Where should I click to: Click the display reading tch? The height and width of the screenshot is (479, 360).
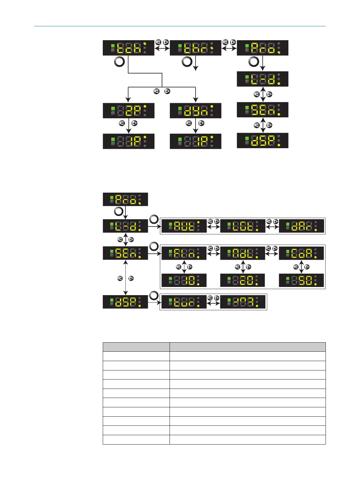pos(128,48)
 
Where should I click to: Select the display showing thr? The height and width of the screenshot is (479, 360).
pos(195,48)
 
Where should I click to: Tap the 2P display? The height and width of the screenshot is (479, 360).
pos(128,111)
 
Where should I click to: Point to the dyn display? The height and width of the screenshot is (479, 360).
pos(195,111)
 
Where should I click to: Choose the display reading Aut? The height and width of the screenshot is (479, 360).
pos(184,226)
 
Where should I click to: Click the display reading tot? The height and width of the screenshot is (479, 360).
pos(242,226)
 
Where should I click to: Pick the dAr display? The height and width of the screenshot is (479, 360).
pos(301,226)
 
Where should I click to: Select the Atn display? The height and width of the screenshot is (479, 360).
pos(184,253)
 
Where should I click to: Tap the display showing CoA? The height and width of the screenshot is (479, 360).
pos(301,253)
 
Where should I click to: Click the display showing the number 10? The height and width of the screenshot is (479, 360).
pos(184,280)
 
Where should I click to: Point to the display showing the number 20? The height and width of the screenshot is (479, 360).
pos(242,280)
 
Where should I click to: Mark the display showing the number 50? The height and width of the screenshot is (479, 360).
pos(301,280)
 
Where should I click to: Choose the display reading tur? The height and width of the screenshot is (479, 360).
pos(184,302)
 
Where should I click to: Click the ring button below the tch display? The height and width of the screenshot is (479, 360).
pos(119,62)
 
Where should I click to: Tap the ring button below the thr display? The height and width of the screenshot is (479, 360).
pos(187,62)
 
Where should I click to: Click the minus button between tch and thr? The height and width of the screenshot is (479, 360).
pos(158,42)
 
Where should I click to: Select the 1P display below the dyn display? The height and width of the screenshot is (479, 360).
pos(195,141)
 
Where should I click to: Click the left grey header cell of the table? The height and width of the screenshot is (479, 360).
pos(136,347)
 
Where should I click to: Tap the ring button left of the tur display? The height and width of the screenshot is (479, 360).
pos(154,295)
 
